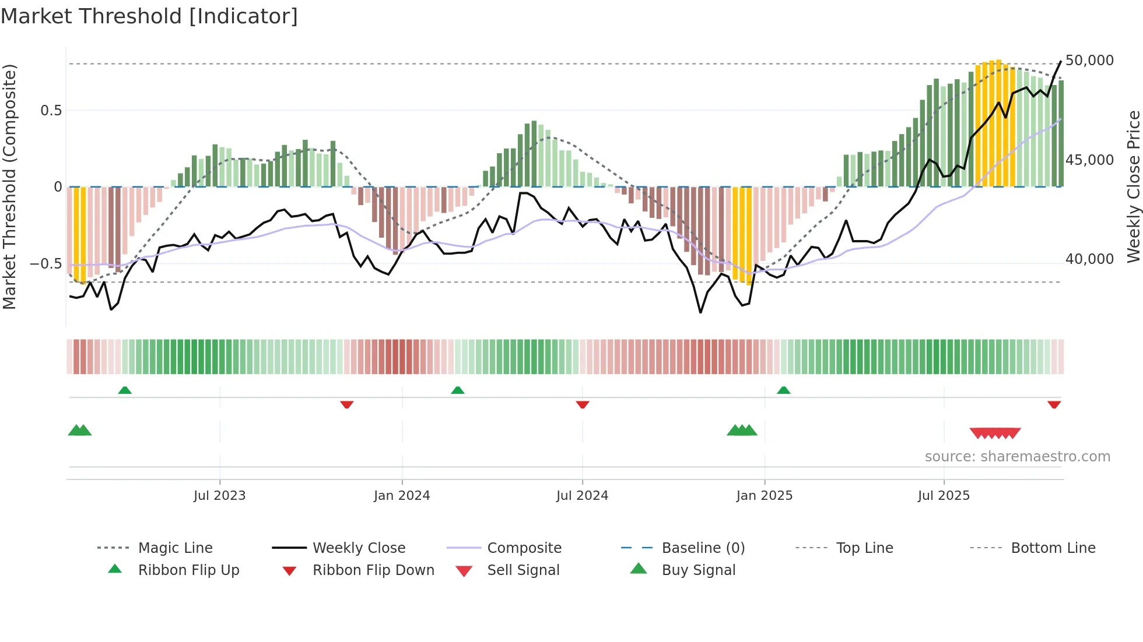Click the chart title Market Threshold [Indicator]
pos(149,16)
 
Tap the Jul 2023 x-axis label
pos(219,496)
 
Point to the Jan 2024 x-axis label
pos(402,496)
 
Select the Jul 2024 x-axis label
pos(582,496)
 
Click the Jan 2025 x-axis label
pos(764,496)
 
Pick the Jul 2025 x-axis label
pos(944,496)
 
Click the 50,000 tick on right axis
pos(1089,61)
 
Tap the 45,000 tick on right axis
pos(1089,160)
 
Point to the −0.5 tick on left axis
pos(45,264)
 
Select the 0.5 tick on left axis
pos(51,111)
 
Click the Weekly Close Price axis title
pos(1133,186)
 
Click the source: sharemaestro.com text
pos(1017,457)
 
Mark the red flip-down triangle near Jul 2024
pos(582,404)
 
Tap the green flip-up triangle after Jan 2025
pos(783,390)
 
